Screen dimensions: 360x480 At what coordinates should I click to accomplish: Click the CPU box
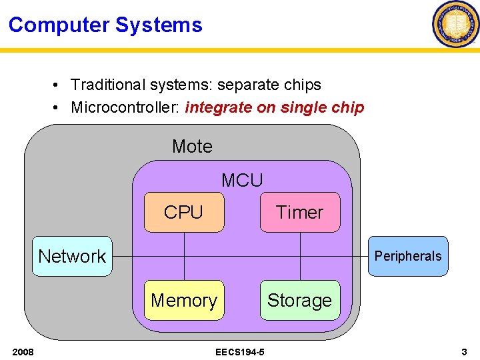184,212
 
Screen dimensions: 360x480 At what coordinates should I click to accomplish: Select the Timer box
299,212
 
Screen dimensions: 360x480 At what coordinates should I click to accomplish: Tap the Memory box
184,301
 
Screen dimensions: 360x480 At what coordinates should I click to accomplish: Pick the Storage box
299,301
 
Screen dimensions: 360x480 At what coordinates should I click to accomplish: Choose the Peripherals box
408,256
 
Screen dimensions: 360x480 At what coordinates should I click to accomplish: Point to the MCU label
242,180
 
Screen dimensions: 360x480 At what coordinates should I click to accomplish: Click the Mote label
192,146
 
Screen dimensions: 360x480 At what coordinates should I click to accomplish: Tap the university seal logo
455,24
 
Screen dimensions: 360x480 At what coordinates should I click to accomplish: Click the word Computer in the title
59,25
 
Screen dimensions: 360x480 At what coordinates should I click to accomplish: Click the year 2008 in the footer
23,351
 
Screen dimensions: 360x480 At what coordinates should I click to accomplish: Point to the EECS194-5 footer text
240,351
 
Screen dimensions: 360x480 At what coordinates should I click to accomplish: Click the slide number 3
464,351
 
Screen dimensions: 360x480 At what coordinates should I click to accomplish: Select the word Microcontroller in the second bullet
125,107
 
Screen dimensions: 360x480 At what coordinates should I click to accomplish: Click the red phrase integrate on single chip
275,107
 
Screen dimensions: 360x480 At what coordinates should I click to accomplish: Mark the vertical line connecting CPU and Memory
184,267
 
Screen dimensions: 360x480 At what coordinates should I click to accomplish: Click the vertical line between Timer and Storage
300,267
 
